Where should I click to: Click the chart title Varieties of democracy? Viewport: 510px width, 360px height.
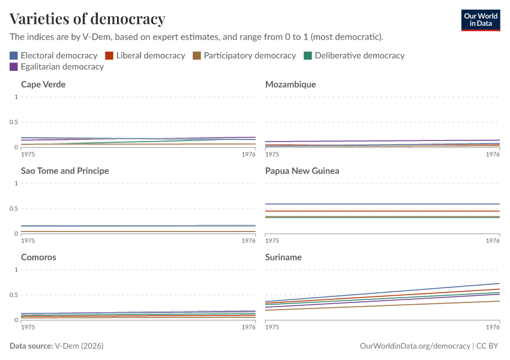(88, 19)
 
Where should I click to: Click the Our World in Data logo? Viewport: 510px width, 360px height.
(480, 20)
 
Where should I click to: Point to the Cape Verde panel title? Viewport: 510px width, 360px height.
(43, 85)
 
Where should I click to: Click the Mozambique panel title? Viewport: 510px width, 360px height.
(290, 85)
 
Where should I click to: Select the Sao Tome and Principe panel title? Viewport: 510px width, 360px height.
(65, 171)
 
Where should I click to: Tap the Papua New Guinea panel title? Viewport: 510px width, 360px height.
(302, 171)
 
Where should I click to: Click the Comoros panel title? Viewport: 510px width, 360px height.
(38, 257)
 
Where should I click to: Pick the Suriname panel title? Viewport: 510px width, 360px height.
(283, 257)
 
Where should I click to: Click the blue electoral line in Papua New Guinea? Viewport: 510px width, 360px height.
(384, 204)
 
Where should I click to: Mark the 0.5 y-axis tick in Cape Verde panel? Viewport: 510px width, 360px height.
(14, 122)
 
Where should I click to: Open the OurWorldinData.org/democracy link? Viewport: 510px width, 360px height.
(415, 346)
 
